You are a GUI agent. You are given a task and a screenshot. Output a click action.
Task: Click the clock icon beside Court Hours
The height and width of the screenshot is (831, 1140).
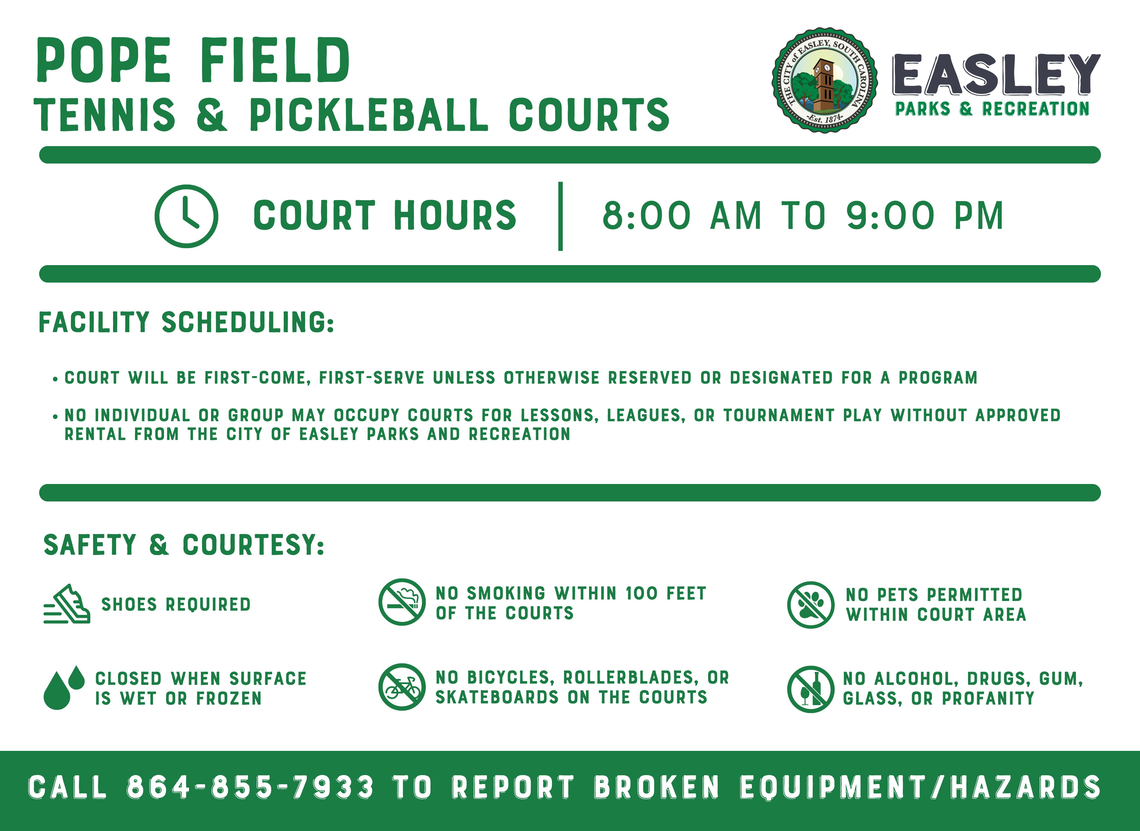pos(186,216)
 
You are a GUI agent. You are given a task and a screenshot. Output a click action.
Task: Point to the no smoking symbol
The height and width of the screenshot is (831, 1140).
pos(402,602)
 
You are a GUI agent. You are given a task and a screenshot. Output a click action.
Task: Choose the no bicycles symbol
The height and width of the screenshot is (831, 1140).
pos(402,687)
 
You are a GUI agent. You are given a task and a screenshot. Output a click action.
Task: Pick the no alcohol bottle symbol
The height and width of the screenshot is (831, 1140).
pos(810,689)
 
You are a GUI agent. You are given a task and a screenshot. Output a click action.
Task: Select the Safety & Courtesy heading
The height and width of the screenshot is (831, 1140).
pos(184,545)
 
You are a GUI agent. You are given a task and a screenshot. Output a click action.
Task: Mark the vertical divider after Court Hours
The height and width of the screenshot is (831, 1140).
pos(560,216)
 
